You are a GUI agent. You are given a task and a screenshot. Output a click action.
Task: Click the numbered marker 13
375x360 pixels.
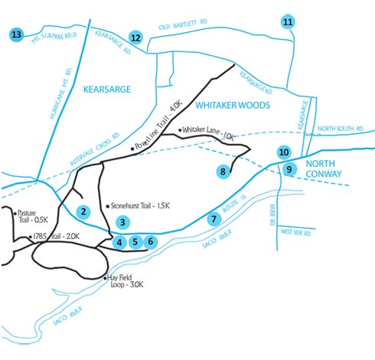coord(16,34)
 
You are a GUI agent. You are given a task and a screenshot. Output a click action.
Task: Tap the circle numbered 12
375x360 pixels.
coord(135,38)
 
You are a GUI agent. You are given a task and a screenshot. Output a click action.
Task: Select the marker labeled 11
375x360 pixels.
coord(288,22)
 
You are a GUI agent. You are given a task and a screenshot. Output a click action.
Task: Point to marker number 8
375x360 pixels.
coord(223,172)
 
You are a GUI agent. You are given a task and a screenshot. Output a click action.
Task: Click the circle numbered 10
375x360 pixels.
coord(284,152)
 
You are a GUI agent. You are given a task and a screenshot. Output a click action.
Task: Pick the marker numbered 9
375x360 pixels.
coord(289,169)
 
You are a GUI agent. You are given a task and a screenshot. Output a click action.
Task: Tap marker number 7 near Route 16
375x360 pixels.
coord(214,219)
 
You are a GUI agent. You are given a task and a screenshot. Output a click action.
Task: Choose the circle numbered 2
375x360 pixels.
coord(83,211)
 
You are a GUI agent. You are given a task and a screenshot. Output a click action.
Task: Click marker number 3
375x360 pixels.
coord(122,222)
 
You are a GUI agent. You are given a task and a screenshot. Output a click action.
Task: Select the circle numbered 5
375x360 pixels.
coord(135,242)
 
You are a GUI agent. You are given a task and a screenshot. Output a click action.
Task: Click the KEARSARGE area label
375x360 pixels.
coord(107,90)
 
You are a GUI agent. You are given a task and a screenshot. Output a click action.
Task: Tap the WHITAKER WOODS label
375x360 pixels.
coord(233,105)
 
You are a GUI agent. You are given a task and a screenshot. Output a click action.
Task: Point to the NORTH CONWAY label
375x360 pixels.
coord(324,169)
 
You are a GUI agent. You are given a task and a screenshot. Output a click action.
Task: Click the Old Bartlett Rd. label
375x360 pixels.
coord(183,25)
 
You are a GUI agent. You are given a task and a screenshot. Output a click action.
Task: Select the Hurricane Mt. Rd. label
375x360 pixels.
coord(60,93)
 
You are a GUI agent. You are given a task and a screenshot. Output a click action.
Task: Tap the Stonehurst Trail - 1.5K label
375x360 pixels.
coord(140,206)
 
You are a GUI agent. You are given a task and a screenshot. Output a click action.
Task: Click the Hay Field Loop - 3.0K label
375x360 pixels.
coord(125,281)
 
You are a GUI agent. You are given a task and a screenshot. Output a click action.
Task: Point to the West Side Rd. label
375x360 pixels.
coord(295,232)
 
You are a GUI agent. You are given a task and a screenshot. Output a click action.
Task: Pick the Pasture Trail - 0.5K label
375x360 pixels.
coord(31,217)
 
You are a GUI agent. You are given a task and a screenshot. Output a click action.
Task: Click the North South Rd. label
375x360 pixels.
coord(341,129)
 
